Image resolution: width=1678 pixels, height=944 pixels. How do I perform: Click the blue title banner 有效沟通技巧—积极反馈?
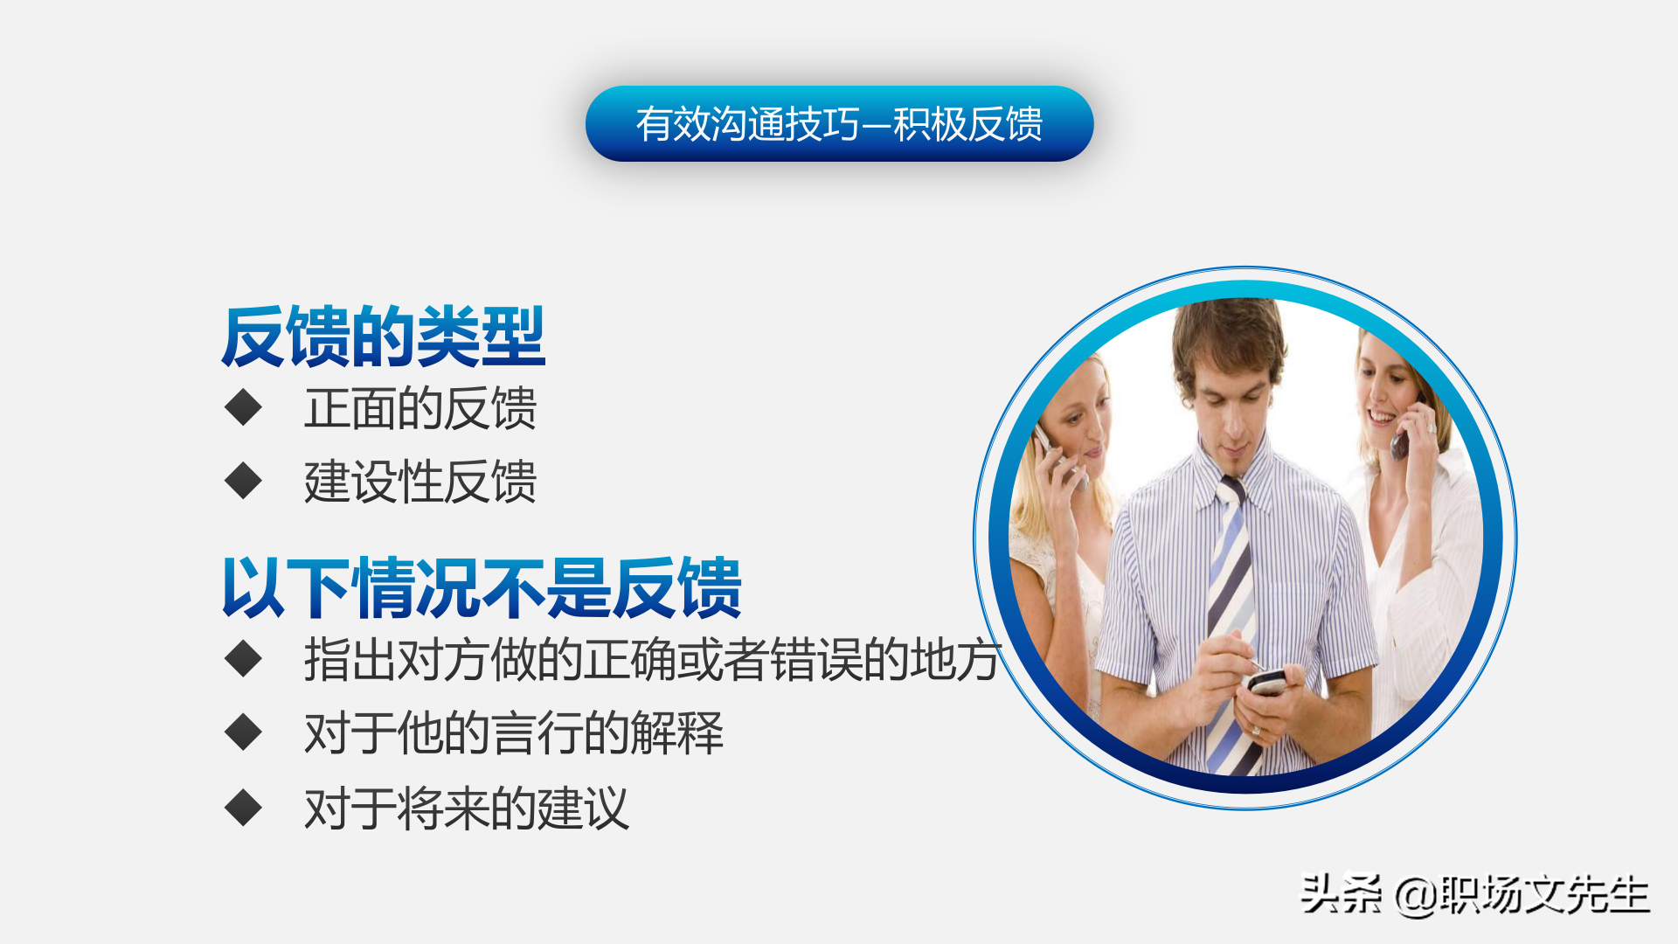click(839, 123)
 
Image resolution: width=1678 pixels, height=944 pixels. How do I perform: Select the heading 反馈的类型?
click(383, 337)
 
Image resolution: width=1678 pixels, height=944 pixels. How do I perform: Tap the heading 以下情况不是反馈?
click(482, 587)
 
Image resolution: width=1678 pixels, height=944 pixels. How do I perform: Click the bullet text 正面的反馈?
click(420, 408)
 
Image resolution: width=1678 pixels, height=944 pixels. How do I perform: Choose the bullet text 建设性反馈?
click(420, 482)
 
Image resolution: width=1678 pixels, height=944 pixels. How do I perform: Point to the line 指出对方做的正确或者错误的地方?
click(652, 659)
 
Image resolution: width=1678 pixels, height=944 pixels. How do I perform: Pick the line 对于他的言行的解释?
click(514, 732)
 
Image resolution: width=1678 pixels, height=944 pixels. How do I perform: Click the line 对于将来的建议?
click(467, 809)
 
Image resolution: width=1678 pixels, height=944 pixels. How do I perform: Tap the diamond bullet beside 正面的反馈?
click(243, 407)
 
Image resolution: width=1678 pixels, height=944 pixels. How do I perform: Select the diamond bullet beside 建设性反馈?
click(243, 481)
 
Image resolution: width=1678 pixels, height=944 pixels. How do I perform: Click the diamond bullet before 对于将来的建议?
click(243, 808)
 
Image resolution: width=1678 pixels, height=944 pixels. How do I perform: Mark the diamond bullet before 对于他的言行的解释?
click(243, 732)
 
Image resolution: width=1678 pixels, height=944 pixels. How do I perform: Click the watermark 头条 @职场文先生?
click(1475, 895)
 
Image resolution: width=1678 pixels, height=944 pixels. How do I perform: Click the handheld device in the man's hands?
click(1266, 681)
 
